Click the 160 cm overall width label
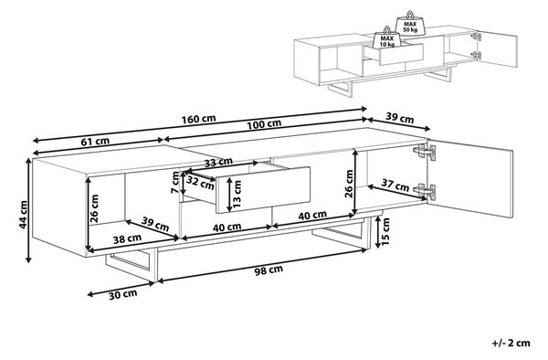click(x=198, y=119)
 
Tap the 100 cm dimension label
click(x=264, y=124)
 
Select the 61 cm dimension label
click(x=95, y=142)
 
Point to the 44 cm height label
click(x=23, y=215)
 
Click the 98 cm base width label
click(x=268, y=270)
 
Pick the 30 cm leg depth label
click(x=122, y=294)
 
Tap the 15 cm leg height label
click(x=385, y=231)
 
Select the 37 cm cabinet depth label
click(x=395, y=185)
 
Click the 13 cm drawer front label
click(x=237, y=194)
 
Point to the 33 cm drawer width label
click(x=218, y=162)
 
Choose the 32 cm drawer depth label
click(x=200, y=183)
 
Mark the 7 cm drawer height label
click(x=175, y=183)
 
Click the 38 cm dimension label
click(x=127, y=238)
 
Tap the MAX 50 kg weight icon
click(x=410, y=24)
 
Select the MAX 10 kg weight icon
click(x=387, y=37)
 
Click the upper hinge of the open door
click(x=425, y=152)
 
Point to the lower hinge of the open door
click(x=425, y=192)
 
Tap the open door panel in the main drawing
click(x=470, y=178)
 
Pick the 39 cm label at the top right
click(x=399, y=119)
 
